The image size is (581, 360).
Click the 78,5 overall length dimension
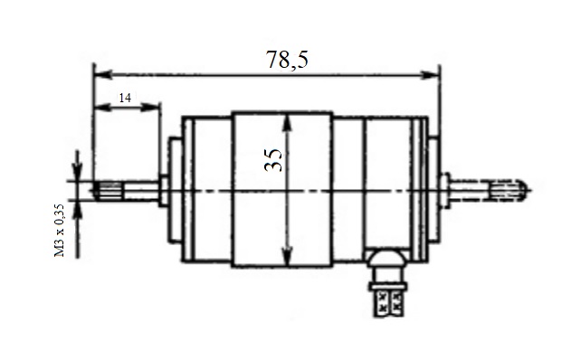pos(287,60)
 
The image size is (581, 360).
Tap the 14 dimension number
pos(125,99)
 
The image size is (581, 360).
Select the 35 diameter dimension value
pos(273,160)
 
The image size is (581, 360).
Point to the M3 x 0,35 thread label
pos(60,230)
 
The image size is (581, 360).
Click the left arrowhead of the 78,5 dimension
pos(103,75)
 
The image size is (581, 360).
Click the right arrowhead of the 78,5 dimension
pos(430,75)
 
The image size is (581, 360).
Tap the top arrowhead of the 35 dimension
pos(287,124)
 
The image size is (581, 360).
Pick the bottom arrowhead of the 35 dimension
pos(286,256)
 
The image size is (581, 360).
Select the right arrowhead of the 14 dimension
pos(151,108)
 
